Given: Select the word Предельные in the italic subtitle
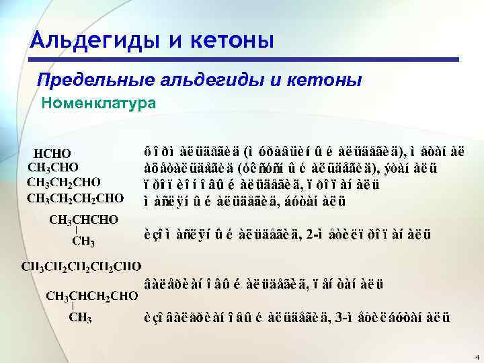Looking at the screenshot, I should [95, 81].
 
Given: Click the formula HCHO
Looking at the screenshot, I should [52, 155].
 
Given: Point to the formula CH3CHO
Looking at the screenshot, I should [53, 167].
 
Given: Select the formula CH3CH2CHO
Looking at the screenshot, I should [64, 182].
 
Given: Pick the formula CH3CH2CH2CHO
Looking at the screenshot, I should [75, 198].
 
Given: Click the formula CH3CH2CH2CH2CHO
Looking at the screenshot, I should [81, 267].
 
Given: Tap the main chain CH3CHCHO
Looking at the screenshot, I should [84, 220].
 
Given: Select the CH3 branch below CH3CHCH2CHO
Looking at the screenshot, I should [81, 318].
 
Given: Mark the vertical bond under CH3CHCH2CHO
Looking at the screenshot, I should [72, 307].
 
